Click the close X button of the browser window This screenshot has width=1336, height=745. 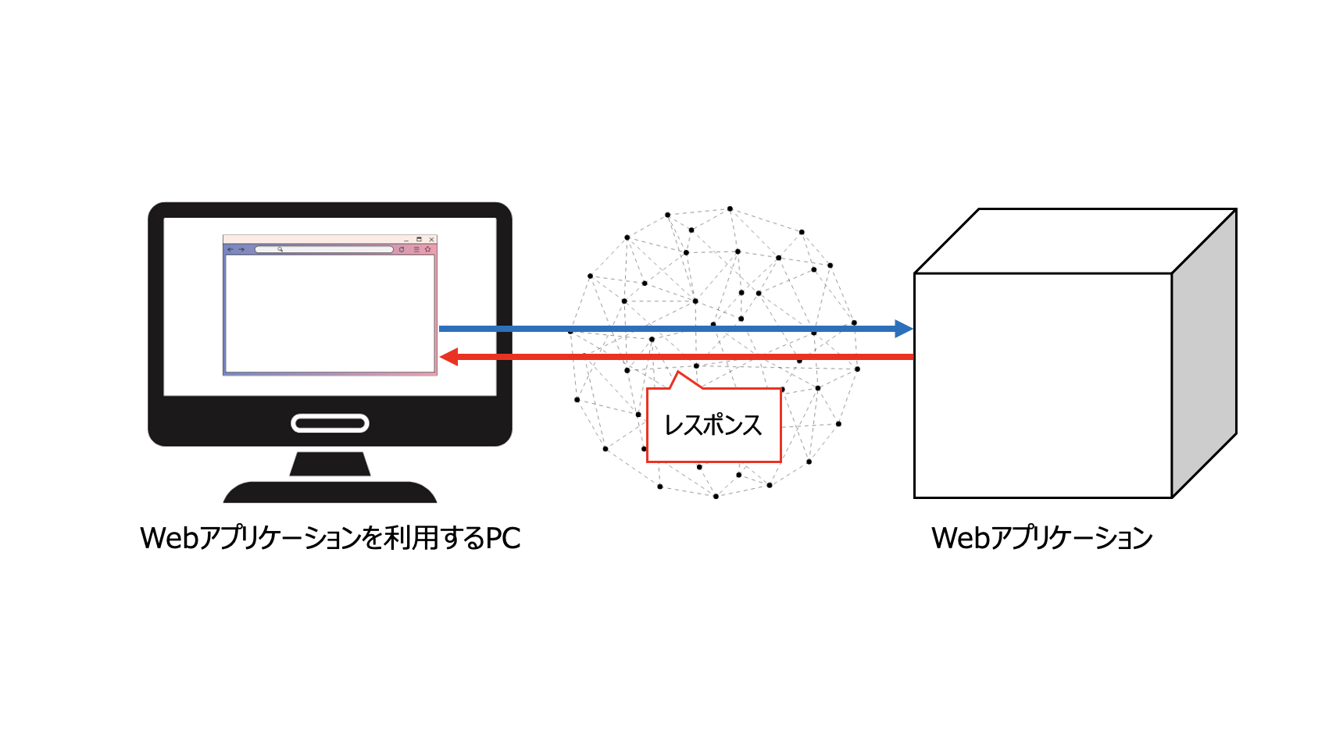(x=431, y=240)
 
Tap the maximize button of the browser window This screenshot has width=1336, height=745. (x=419, y=240)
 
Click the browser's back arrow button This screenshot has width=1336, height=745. (x=230, y=250)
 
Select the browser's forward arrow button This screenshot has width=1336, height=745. (x=241, y=250)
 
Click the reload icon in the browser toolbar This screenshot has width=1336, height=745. (x=402, y=250)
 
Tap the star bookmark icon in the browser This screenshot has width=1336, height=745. (x=428, y=250)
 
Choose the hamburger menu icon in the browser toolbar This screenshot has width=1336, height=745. (x=416, y=250)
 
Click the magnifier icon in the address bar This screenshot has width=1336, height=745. (x=280, y=250)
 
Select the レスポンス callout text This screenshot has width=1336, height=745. (x=713, y=426)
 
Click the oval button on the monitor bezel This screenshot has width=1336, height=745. (x=330, y=423)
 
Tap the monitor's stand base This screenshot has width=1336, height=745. (x=330, y=493)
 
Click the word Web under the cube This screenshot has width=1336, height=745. (x=960, y=539)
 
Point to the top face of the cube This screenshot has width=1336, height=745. (x=1074, y=241)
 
